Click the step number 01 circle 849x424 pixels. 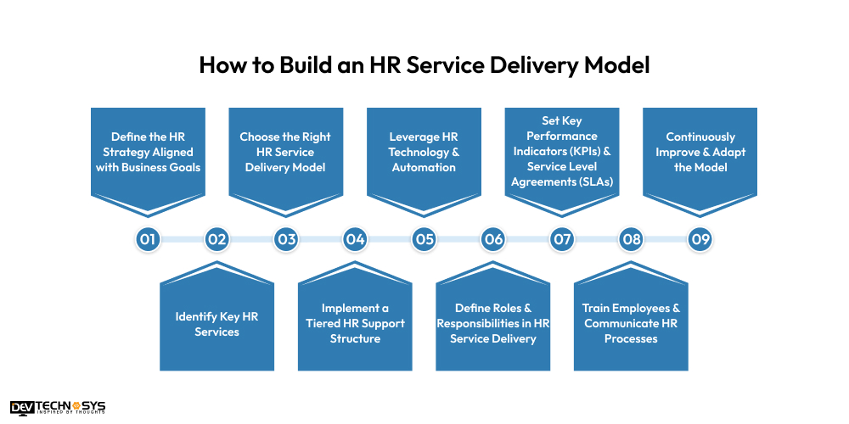(x=148, y=240)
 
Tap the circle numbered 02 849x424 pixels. (x=217, y=240)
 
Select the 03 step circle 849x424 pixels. (x=286, y=240)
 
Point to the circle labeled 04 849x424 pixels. (x=355, y=240)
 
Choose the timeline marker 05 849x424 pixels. (x=424, y=240)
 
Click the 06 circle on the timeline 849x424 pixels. (x=493, y=240)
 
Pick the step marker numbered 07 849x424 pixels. (x=562, y=240)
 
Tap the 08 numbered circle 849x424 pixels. (x=631, y=240)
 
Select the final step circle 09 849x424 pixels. (x=700, y=240)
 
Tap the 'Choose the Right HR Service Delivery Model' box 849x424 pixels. (x=285, y=153)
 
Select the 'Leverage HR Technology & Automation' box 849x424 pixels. (x=424, y=153)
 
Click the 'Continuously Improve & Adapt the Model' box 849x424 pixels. (x=700, y=153)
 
